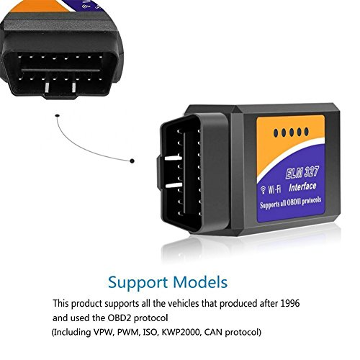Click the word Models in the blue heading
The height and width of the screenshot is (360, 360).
coord(200,282)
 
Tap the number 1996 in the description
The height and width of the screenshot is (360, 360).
coord(290,303)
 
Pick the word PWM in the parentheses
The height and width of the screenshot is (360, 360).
coord(128,333)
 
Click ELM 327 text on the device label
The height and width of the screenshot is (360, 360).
coord(302,173)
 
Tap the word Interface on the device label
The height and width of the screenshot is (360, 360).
coord(302,187)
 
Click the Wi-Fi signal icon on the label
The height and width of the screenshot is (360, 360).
coord(264,189)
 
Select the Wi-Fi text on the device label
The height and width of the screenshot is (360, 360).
coord(274,189)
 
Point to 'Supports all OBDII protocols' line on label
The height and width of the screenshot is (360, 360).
coord(290,203)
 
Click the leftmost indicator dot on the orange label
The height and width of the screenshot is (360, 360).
coord(276,133)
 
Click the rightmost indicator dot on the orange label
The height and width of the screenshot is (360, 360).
coord(307,132)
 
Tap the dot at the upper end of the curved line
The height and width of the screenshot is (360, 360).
coord(57,116)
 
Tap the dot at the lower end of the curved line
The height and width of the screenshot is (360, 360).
coord(132,161)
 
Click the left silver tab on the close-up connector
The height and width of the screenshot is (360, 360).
coord(47,88)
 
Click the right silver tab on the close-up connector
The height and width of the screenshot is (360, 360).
coord(73,88)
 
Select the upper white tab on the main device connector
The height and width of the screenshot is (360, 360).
coord(174,158)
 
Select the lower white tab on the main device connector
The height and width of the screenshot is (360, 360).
coord(174,185)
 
